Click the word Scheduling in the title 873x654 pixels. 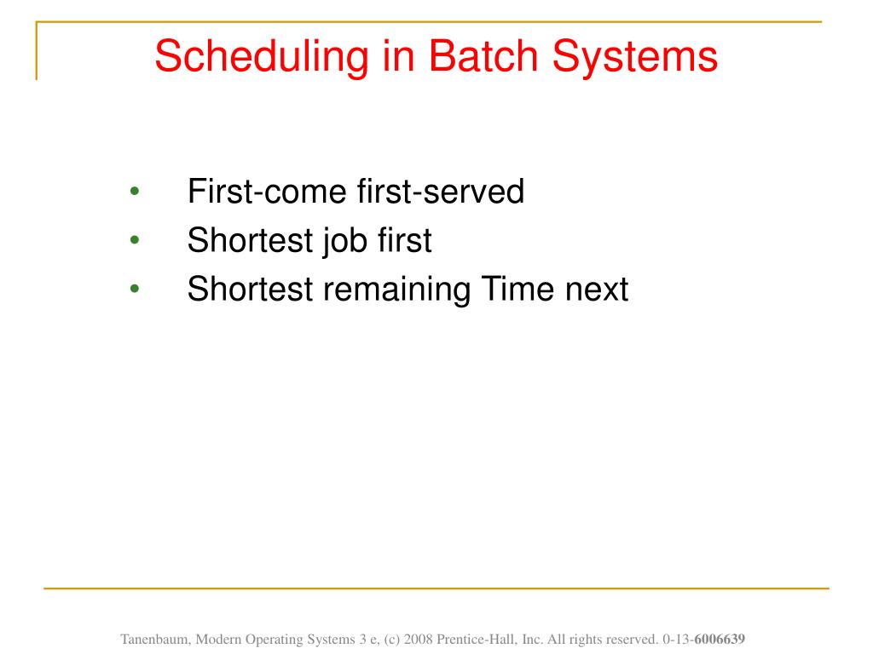(x=262, y=57)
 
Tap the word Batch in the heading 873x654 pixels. (x=483, y=56)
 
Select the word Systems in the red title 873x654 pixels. (x=634, y=57)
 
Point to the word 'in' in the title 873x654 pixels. (x=398, y=56)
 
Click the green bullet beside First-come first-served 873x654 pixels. (x=134, y=192)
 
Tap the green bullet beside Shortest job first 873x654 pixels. (x=134, y=240)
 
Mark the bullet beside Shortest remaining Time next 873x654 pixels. (x=134, y=289)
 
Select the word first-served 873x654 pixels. (x=441, y=192)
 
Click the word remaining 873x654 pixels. (x=397, y=290)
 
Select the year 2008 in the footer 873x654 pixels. (x=418, y=640)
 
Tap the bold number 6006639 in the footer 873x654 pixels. (x=720, y=640)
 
